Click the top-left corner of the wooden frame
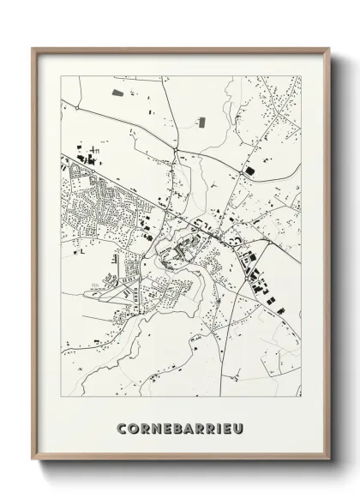click(x=33, y=48)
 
